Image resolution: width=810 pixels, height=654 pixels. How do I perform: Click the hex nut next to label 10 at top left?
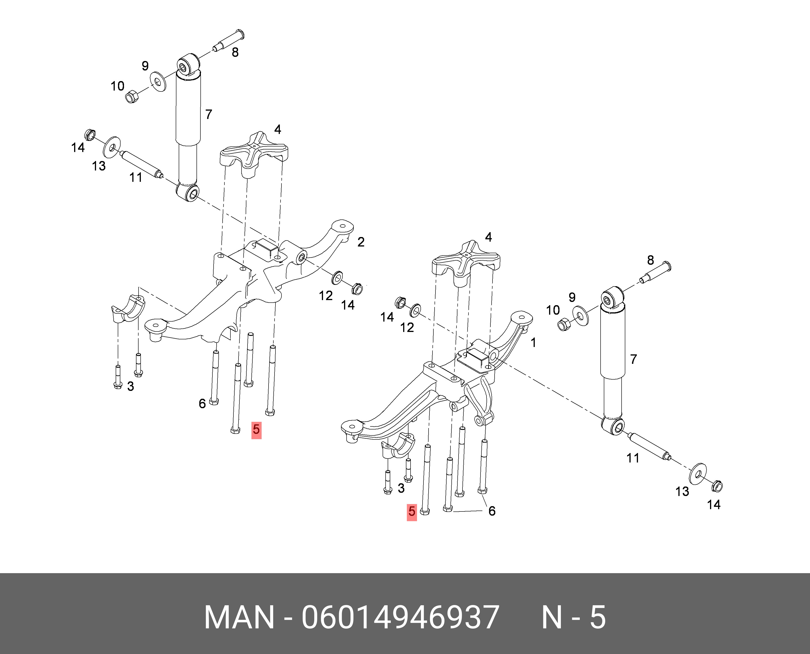pos(132,97)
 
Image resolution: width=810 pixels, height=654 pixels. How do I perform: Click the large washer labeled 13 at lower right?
pos(697,474)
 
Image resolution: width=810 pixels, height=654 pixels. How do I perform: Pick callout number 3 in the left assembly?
pos(130,386)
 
